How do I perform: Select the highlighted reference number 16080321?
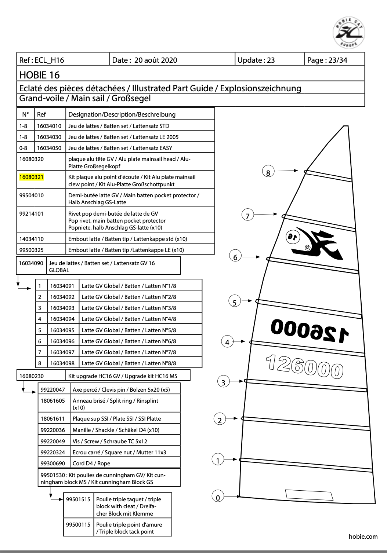(x=32, y=177)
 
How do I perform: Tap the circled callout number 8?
(x=268, y=172)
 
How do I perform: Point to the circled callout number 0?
(x=218, y=497)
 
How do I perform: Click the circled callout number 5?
(x=234, y=302)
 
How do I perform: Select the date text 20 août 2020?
(x=156, y=60)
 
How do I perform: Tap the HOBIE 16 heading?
(x=39, y=75)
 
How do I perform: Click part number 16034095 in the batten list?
(x=62, y=330)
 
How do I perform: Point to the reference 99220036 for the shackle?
(x=53, y=430)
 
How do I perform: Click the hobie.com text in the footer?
(x=363, y=536)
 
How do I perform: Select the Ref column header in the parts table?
(x=41, y=114)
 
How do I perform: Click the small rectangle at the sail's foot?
(x=309, y=495)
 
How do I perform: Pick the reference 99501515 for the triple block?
(x=78, y=499)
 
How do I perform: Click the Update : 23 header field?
(x=256, y=60)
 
